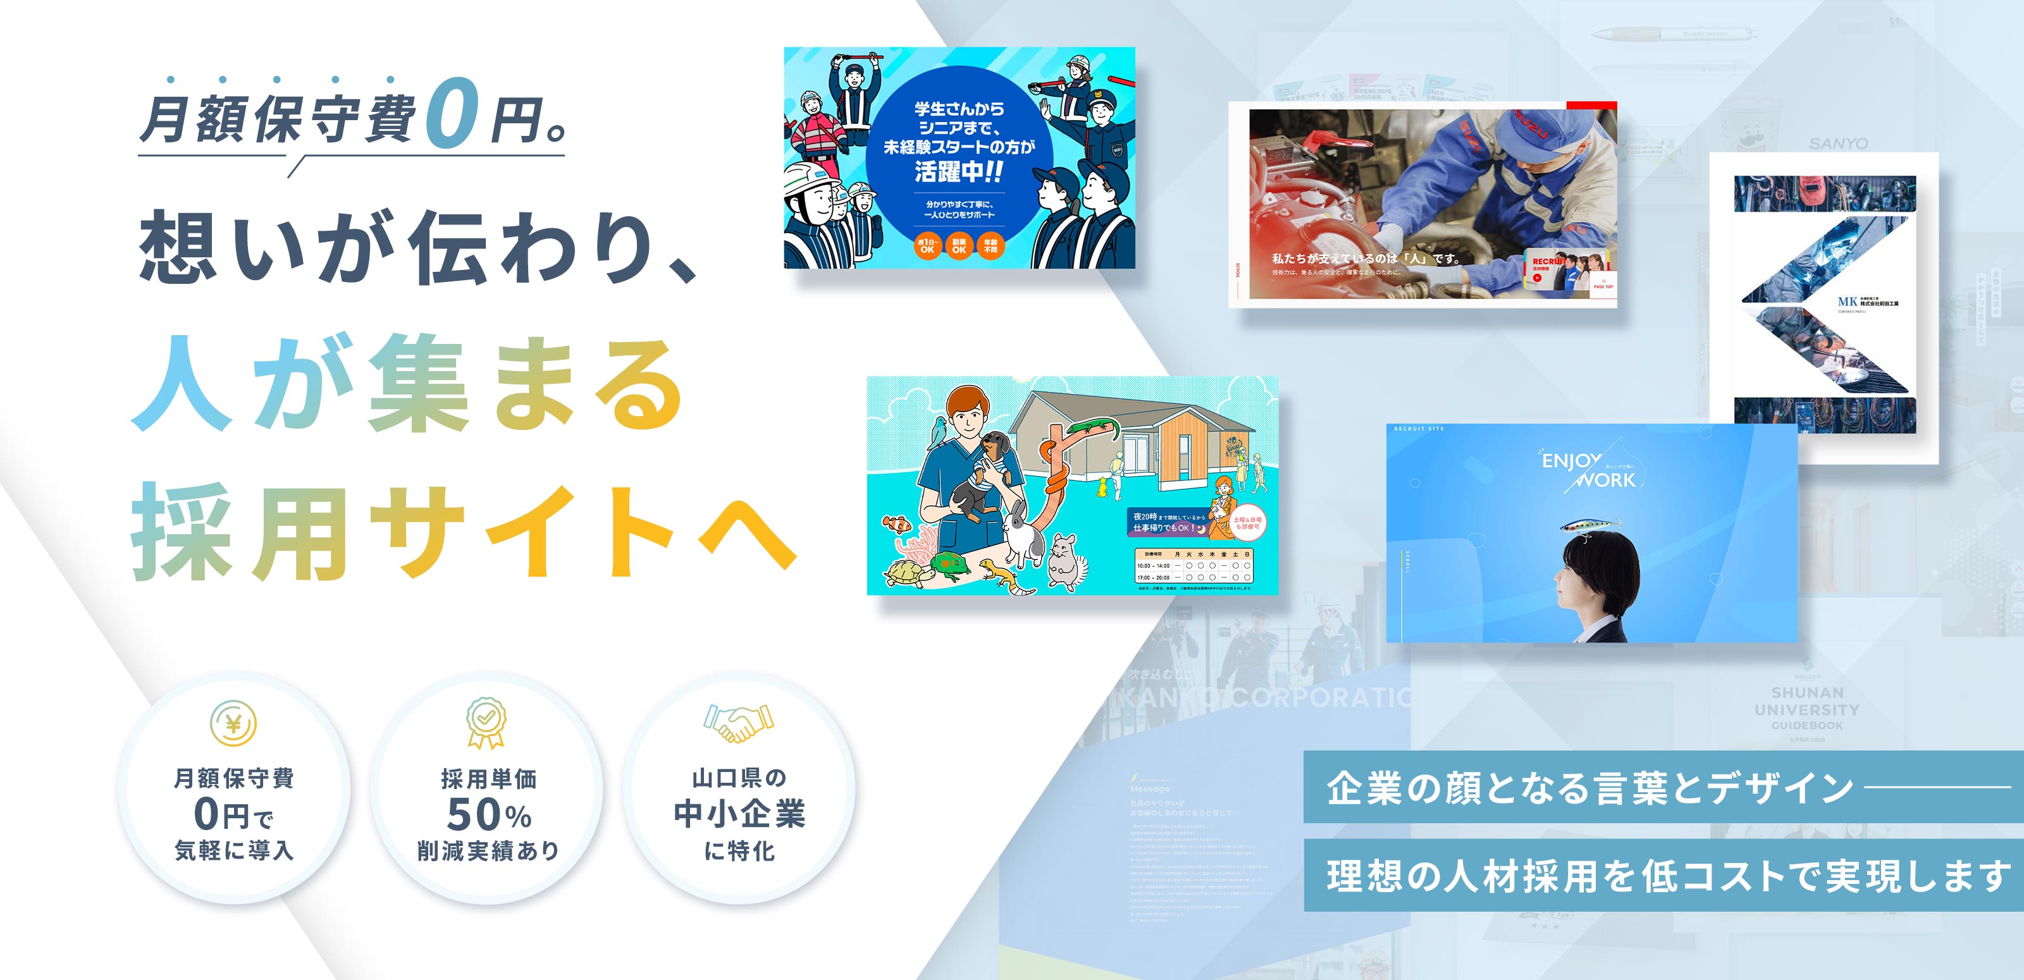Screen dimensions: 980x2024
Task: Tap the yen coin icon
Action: click(x=233, y=723)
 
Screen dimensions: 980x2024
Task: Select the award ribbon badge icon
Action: click(x=486, y=721)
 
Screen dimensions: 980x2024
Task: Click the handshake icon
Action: click(x=739, y=723)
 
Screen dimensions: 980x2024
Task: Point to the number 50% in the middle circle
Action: click(x=489, y=814)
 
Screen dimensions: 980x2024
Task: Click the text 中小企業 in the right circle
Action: click(x=739, y=814)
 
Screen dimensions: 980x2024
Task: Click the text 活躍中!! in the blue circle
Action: click(x=959, y=171)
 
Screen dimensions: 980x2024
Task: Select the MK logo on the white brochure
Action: click(x=1848, y=302)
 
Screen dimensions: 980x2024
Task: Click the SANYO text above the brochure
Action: click(x=1839, y=144)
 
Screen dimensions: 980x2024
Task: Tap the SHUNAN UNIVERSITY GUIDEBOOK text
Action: click(x=1807, y=709)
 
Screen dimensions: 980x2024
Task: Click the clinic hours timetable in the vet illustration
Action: click(x=1194, y=565)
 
